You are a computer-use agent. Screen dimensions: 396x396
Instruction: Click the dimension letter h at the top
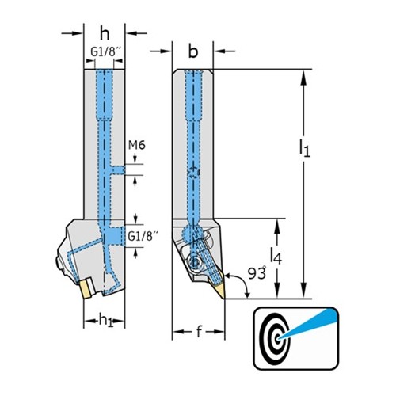105,34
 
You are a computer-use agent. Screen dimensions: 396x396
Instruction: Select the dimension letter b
193,51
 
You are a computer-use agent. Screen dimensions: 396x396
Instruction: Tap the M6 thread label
137,145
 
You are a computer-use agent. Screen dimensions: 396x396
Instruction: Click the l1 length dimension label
305,148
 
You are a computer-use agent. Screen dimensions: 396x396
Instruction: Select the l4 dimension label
276,257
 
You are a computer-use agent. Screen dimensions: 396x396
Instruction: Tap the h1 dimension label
105,320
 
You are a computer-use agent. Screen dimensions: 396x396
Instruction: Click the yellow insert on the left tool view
86,289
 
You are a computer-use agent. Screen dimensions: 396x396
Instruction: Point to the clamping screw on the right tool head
194,261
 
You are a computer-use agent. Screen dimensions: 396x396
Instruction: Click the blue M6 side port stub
118,170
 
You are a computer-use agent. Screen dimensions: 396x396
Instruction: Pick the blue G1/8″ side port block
115,236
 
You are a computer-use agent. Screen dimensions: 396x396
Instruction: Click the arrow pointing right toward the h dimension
72,33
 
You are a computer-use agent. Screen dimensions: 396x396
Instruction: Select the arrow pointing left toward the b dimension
224,51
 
